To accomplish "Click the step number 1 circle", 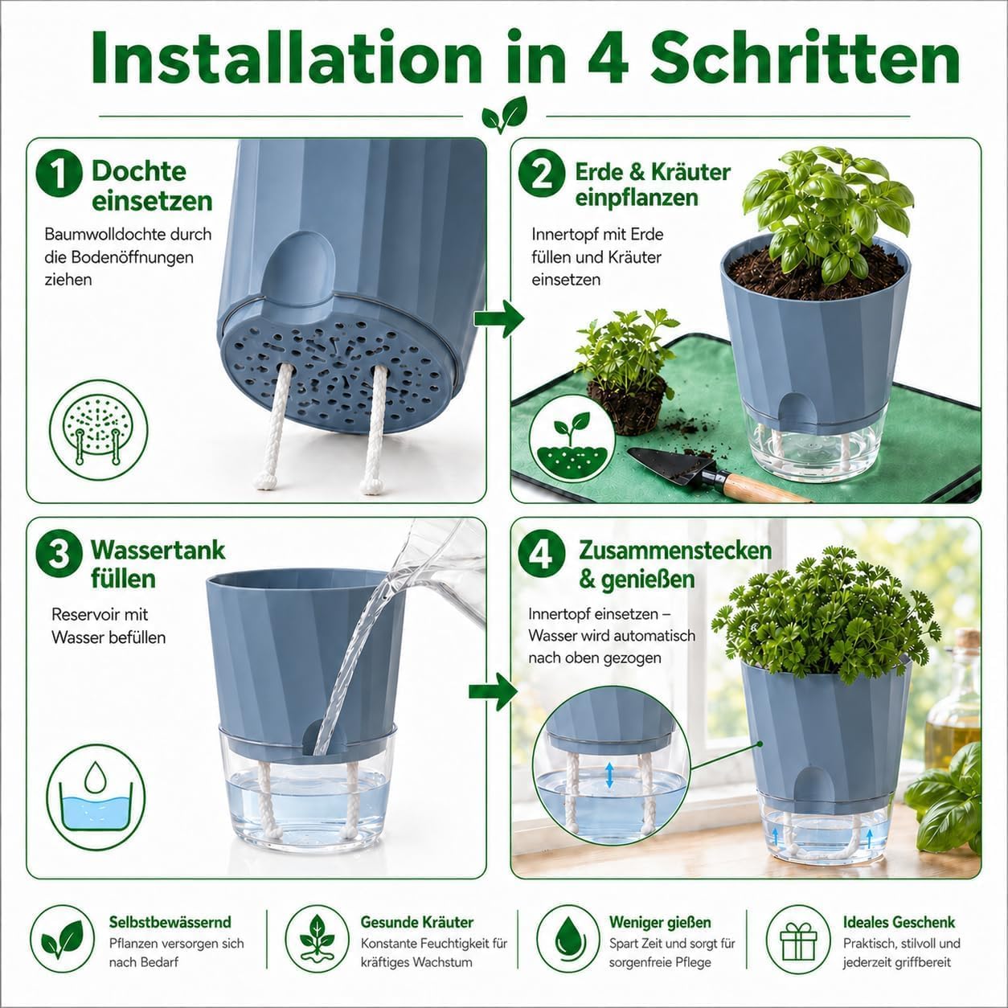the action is [x=59, y=173].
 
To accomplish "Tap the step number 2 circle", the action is [x=542, y=173].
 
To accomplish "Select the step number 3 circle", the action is [x=59, y=554].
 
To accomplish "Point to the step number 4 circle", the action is [x=542, y=554].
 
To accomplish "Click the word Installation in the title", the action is [x=286, y=58].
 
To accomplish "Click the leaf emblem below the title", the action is [x=504, y=115].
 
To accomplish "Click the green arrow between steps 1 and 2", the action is [x=498, y=318].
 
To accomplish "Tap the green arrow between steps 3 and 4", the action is [x=494, y=691].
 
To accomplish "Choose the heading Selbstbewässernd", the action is [x=170, y=922].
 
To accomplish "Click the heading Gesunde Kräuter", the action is [x=417, y=922].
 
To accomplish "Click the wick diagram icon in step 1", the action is [x=98, y=431].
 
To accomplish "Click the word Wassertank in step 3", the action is [x=158, y=551].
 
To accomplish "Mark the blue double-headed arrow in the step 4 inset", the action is [x=609, y=775].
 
